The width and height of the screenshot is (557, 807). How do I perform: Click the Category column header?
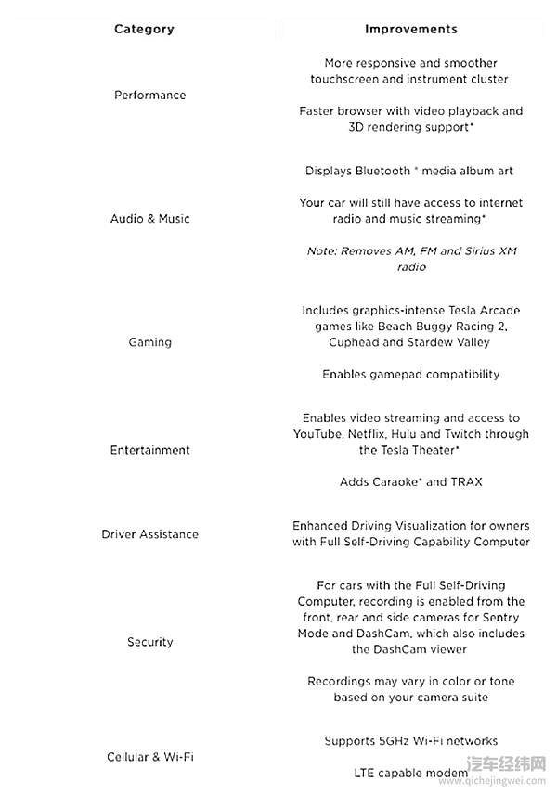(144, 29)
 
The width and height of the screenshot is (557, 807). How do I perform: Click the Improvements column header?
(410, 29)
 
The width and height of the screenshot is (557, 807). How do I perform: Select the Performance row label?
(149, 95)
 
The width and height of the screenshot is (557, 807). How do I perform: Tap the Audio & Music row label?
(149, 219)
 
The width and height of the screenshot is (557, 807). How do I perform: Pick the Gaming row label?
(149, 342)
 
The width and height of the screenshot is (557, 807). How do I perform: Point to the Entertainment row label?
(149, 450)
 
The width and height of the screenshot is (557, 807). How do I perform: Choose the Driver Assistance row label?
(149, 534)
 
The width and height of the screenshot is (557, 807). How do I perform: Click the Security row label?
(149, 642)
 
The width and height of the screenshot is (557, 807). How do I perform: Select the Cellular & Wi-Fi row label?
(149, 757)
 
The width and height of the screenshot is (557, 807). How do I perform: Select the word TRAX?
(467, 482)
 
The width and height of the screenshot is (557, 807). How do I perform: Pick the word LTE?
(365, 773)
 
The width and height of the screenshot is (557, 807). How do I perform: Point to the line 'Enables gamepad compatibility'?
(410, 375)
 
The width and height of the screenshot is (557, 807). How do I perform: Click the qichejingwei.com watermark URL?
(492, 781)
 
